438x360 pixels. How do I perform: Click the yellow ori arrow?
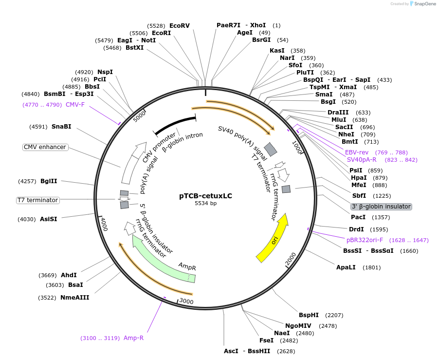[273, 238]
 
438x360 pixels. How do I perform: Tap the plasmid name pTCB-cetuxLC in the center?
[205, 196]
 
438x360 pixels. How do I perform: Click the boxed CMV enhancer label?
[45, 147]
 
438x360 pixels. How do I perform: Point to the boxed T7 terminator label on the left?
[37, 200]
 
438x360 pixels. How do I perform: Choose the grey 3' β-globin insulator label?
[381, 207]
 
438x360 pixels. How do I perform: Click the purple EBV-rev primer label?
[357, 152]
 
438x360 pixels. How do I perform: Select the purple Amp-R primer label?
[133, 338]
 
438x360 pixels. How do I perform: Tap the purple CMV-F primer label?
[75, 104]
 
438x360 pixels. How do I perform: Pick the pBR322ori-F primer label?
[365, 240]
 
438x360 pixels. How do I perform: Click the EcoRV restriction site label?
[180, 25]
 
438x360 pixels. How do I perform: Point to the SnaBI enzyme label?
[61, 127]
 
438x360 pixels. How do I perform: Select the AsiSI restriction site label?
[48, 219]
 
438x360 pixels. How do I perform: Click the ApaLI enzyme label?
[346, 267]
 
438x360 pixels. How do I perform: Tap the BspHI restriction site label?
[309, 315]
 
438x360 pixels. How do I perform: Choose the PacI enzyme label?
[358, 217]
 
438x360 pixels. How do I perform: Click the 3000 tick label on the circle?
[187, 302]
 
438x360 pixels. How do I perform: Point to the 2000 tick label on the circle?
[291, 262]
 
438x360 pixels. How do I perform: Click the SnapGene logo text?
[423, 4]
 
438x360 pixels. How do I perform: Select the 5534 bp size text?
[205, 203]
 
